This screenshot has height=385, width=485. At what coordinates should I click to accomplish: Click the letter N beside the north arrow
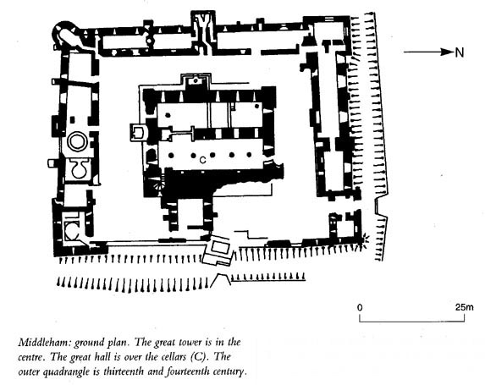[460, 52]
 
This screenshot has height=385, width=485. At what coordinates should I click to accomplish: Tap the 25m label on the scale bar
[465, 307]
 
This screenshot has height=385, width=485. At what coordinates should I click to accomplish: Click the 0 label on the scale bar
[360, 307]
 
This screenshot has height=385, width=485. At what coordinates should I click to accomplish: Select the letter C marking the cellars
[202, 160]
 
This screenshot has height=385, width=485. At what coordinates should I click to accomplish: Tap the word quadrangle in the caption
[65, 371]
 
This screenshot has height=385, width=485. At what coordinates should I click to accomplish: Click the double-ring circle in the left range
[76, 141]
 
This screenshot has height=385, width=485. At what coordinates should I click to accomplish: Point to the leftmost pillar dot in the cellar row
[170, 155]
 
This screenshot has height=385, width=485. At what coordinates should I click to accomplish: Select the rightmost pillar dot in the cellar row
[250, 155]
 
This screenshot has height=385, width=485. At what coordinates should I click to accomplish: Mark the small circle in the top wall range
[150, 41]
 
